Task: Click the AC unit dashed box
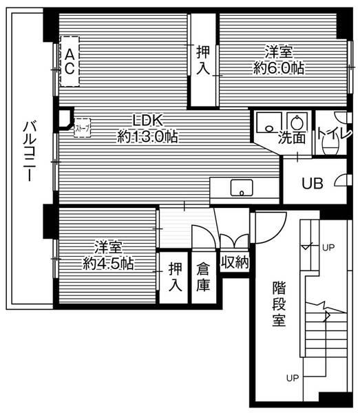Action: (70, 61)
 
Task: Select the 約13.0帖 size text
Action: (147, 137)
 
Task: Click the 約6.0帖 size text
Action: (279, 68)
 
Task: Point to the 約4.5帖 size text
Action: (108, 262)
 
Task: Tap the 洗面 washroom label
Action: (292, 138)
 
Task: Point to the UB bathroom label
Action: (314, 183)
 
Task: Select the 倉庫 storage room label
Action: (202, 277)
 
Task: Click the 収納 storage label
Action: (235, 262)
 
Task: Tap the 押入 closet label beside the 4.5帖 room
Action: (176, 277)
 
